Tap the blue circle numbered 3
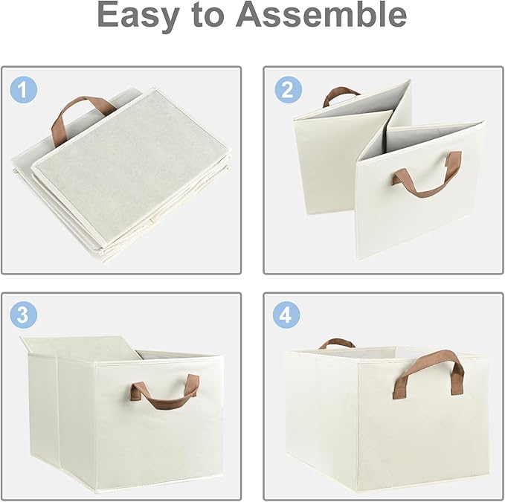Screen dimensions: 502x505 tap(23, 315)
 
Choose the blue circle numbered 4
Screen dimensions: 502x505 tap(285, 315)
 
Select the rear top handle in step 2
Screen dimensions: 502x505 tap(340, 94)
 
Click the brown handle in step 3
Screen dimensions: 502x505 tap(165, 394)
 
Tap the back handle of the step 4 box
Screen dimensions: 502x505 tap(336, 343)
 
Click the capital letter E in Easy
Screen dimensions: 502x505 tap(112, 16)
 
